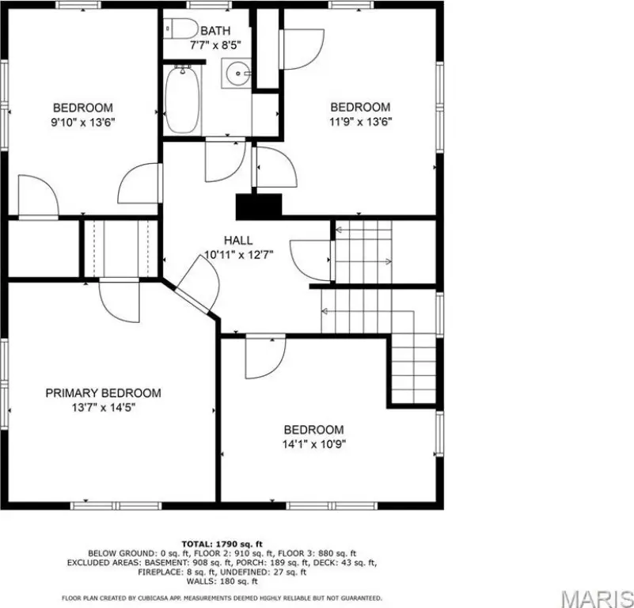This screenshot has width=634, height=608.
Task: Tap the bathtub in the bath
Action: (x=182, y=100)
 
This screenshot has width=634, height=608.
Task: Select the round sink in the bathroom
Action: (x=237, y=73)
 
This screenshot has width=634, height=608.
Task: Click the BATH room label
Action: (x=215, y=31)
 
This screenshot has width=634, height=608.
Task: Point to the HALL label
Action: (x=238, y=241)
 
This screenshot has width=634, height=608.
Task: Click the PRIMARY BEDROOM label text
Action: (x=103, y=393)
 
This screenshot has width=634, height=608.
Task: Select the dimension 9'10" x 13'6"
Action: (x=83, y=122)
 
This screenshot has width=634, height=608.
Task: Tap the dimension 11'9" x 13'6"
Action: (x=361, y=121)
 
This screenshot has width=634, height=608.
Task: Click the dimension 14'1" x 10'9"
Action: (x=314, y=444)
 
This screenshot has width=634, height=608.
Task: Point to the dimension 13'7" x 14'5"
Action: (x=104, y=408)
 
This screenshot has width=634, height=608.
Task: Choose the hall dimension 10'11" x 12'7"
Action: (x=239, y=255)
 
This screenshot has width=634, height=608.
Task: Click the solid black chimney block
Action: (x=259, y=207)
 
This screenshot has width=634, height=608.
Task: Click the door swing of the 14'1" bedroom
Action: (x=265, y=356)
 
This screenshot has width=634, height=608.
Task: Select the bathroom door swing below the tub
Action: (x=226, y=160)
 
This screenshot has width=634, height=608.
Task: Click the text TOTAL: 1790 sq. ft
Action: (x=222, y=544)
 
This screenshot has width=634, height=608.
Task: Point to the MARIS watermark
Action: (x=598, y=598)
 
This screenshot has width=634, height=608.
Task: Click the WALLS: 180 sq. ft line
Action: (x=222, y=582)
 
